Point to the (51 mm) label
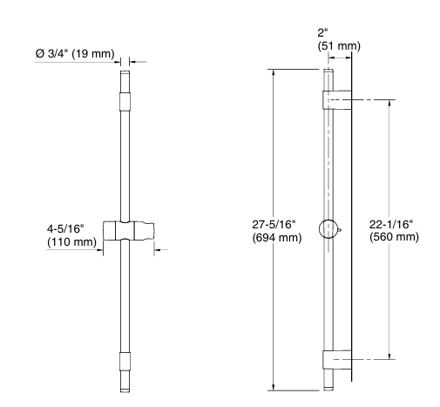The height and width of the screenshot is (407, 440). [x=336, y=45]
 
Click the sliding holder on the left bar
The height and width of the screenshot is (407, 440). [x=128, y=233]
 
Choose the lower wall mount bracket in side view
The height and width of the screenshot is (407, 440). [x=336, y=359]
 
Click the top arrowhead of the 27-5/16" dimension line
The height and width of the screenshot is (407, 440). [x=275, y=72]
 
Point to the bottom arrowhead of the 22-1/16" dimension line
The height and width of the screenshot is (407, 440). [x=389, y=355]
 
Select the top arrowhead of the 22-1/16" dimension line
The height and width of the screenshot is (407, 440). [x=389, y=104]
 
